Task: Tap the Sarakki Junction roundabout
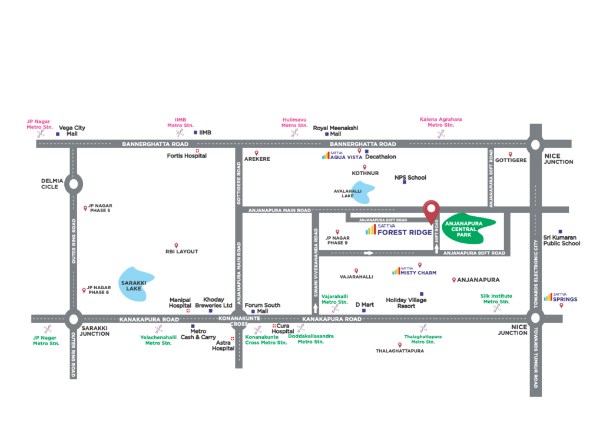click(73, 319)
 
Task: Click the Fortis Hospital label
click(179, 156)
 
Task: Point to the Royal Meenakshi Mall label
click(335, 131)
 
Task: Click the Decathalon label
click(380, 157)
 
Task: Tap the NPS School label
click(410, 177)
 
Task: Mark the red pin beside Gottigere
click(511, 154)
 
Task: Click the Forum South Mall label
click(263, 308)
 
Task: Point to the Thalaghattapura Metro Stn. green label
click(423, 339)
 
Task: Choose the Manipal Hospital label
click(180, 302)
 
